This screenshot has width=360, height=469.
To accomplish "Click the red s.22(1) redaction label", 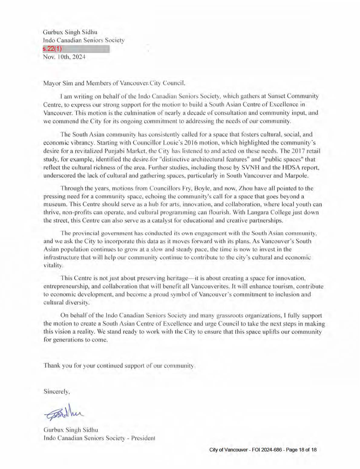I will point(52,49).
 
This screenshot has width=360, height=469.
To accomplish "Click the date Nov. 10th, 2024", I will point(64,57).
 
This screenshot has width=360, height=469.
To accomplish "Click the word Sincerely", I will point(56,391).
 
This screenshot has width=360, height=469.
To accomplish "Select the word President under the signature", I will point(143,438).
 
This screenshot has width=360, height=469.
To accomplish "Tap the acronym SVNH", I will point(249,167).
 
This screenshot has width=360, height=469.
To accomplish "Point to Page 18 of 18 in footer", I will point(301,450).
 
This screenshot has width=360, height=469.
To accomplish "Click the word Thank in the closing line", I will point(52,365).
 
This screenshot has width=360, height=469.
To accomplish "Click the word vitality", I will point(53,265).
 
